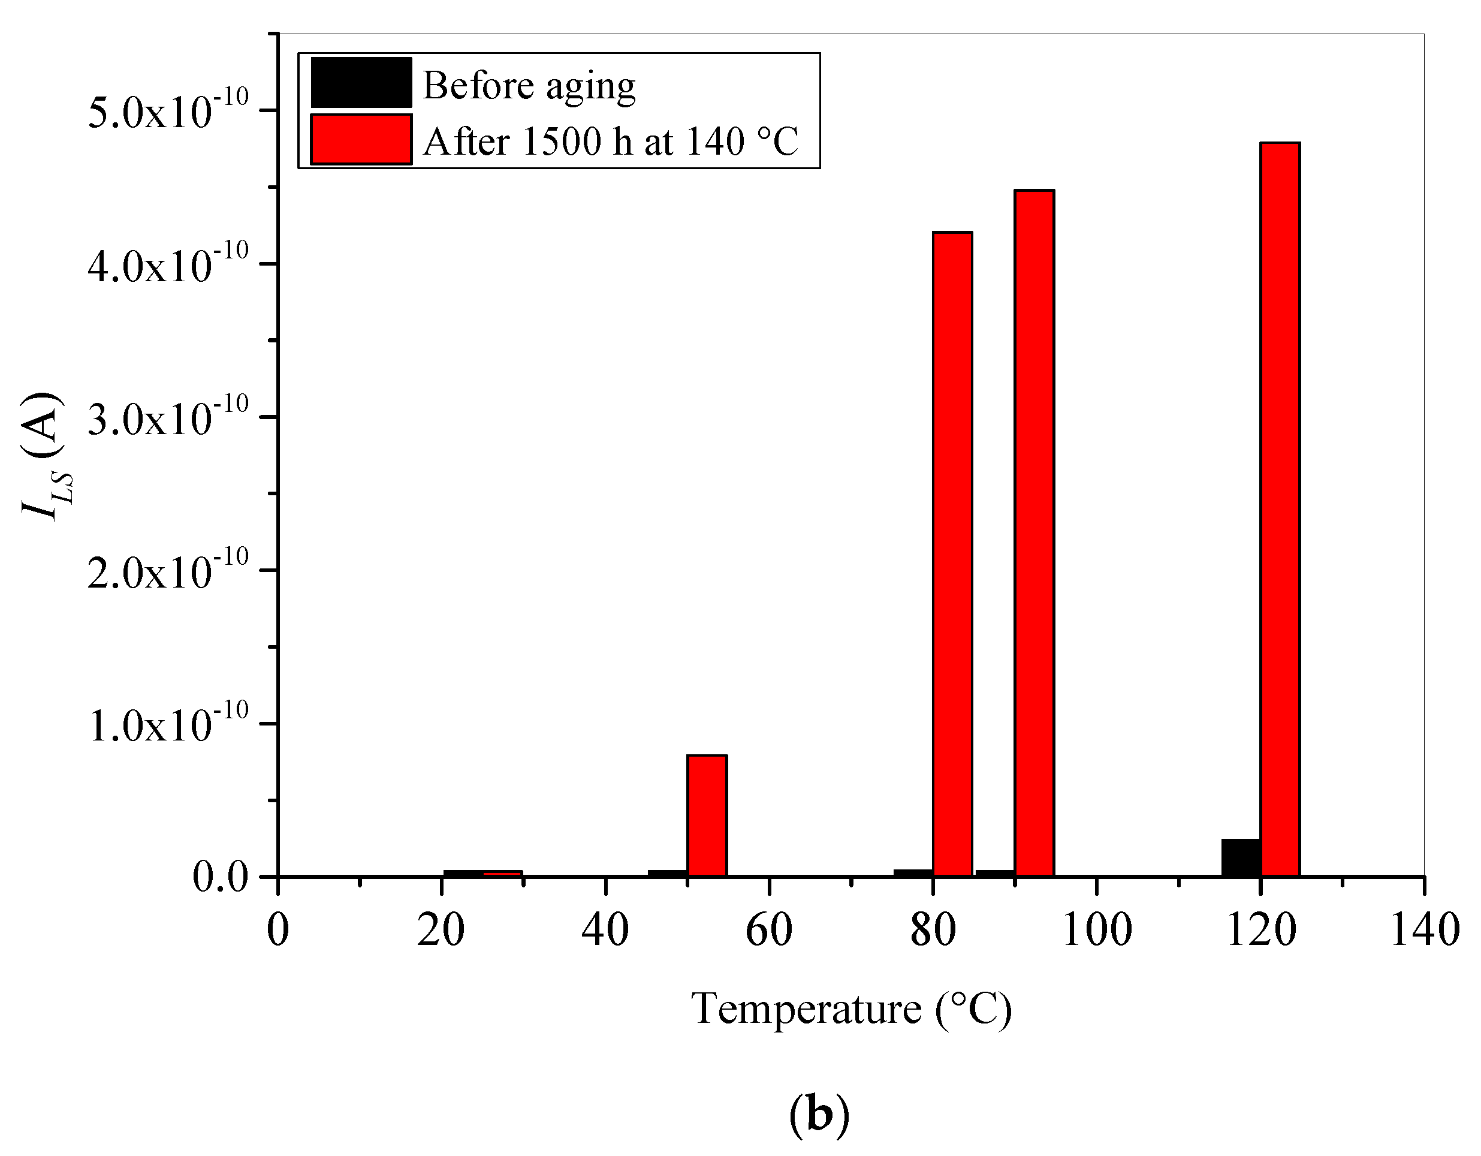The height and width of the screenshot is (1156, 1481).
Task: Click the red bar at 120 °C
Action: click(x=1280, y=509)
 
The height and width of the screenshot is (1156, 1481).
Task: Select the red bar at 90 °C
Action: click(x=1034, y=533)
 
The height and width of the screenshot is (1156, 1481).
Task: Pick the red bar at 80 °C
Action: click(x=952, y=553)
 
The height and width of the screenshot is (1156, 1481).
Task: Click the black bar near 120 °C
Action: click(x=1240, y=857)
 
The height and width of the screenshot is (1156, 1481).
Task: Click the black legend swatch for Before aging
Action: click(x=361, y=83)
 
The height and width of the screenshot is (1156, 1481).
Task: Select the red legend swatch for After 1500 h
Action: click(x=361, y=139)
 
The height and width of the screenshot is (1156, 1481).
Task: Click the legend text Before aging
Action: click(x=529, y=86)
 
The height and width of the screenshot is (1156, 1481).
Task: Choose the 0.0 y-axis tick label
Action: click(x=221, y=878)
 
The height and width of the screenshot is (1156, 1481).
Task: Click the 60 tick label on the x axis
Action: click(x=768, y=930)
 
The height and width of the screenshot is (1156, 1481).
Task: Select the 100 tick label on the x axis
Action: click(x=1096, y=930)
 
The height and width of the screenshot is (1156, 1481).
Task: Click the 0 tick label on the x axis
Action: click(x=278, y=930)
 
